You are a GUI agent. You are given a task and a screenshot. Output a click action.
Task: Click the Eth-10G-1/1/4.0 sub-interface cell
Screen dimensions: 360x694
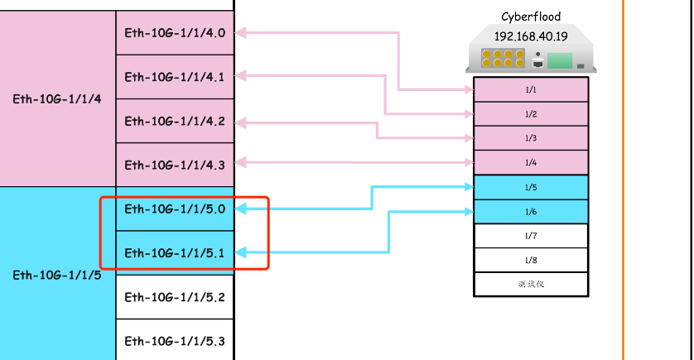(175, 33)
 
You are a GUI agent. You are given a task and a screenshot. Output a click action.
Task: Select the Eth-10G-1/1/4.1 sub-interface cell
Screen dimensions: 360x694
(175, 77)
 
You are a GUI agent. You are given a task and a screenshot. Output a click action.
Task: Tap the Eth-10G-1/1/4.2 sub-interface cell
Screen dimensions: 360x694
(175, 121)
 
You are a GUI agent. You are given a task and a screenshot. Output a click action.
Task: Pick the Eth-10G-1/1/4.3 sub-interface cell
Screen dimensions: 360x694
(175, 165)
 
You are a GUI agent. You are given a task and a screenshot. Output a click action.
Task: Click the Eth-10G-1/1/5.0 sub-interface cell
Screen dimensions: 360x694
(175, 209)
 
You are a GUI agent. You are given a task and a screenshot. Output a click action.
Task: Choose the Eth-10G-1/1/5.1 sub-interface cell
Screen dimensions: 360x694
(175, 252)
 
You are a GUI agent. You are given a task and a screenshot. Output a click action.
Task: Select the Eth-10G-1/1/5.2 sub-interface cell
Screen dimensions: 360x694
(175, 296)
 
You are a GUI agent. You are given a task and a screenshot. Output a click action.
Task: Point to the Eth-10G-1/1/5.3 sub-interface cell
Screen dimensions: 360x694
(175, 340)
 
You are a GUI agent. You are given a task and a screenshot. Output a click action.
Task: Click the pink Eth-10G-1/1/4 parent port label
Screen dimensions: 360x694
(57, 98)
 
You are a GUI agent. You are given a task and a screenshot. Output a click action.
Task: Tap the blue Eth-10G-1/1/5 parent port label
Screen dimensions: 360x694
(57, 273)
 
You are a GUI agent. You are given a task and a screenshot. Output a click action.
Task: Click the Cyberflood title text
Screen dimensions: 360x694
(531, 17)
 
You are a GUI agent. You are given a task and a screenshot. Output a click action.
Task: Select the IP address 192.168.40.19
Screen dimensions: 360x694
(531, 36)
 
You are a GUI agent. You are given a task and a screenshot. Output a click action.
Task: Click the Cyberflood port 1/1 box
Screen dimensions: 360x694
(531, 89)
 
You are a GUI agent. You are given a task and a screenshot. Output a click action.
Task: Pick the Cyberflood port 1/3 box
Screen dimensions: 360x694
(531, 138)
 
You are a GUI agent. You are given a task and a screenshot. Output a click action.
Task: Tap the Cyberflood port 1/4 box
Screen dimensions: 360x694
(531, 162)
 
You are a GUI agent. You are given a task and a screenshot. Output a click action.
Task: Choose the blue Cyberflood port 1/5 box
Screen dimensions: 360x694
(531, 187)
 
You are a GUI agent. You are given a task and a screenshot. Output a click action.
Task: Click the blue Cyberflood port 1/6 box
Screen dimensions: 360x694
(531, 212)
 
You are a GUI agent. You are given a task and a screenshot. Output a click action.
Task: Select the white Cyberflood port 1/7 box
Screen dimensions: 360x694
(531, 236)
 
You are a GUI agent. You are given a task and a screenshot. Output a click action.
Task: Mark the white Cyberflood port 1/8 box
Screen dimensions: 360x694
(531, 260)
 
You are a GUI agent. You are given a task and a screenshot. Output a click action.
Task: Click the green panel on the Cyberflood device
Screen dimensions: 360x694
(561, 60)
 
